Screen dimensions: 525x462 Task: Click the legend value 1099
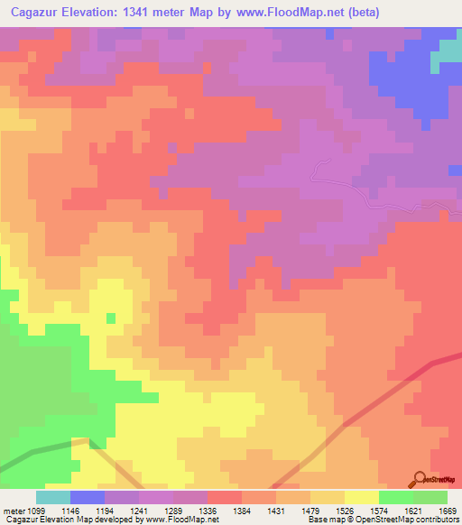click(36, 511)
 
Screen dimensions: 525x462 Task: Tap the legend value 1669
click(448, 511)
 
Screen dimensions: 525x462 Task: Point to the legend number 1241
click(140, 511)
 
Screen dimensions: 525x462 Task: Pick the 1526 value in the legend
click(346, 511)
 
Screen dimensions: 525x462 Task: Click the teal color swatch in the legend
click(53, 497)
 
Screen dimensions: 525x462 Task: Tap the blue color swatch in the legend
click(88, 497)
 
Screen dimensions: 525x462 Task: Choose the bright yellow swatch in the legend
click(362, 497)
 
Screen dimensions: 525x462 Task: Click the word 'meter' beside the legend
click(13, 511)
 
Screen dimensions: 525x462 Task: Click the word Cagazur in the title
click(33, 13)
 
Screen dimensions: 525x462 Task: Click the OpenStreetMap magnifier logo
click(420, 478)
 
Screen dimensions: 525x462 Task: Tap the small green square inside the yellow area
click(111, 318)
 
